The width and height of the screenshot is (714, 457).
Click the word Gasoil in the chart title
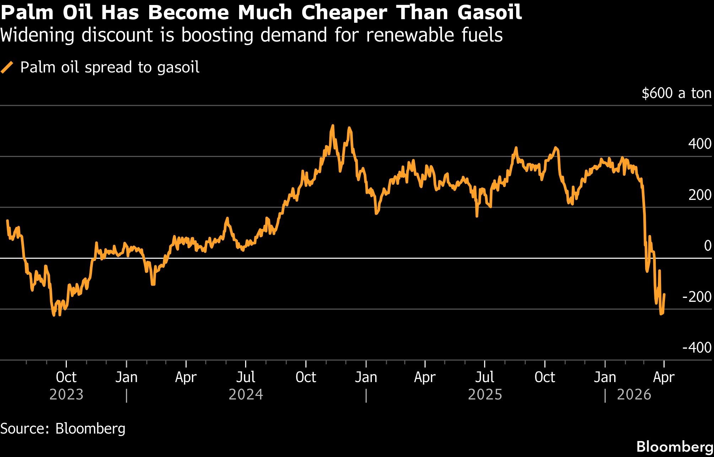[x=490, y=13]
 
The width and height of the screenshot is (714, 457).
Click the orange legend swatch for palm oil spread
[x=7, y=67]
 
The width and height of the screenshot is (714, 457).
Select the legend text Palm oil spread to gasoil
[x=110, y=67]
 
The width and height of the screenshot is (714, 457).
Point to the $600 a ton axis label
[x=676, y=93]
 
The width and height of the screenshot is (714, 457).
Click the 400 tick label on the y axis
[x=699, y=144]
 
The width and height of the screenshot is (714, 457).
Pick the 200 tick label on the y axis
[x=699, y=195]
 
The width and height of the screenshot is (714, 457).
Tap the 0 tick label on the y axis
[x=708, y=246]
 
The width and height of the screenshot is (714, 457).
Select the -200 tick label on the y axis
[x=697, y=297]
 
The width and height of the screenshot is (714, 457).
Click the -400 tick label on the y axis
[x=697, y=348]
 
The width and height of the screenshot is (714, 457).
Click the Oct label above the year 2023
[x=66, y=377]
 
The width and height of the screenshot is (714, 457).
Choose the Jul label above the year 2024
[x=246, y=377]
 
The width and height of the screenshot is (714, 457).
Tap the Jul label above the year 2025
[x=485, y=377]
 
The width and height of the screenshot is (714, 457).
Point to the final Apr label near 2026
[x=664, y=377]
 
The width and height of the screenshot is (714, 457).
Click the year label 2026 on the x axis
[x=634, y=395]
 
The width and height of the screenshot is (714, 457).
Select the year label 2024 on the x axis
[x=246, y=395]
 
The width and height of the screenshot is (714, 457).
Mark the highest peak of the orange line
[x=332, y=125]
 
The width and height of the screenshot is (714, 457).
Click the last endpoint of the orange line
[x=664, y=294]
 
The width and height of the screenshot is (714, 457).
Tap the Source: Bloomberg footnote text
[x=63, y=429]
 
